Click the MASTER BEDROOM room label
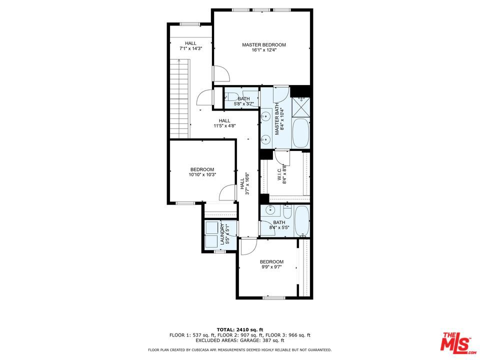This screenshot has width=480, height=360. (x=264, y=44)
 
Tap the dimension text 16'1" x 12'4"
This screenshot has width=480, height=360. (x=264, y=50)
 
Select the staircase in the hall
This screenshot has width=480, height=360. (x=180, y=99)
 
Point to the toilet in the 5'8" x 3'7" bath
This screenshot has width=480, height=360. (x=231, y=97)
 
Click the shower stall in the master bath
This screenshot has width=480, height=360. (x=300, y=107)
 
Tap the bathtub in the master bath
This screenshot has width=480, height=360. (x=300, y=133)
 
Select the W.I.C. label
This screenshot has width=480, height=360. (x=279, y=173)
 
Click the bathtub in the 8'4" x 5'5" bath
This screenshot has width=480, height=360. (x=302, y=221)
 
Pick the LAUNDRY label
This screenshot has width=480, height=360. (x=222, y=234)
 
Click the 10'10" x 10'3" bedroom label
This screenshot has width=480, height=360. (x=202, y=172)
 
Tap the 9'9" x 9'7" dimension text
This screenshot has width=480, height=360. (x=271, y=267)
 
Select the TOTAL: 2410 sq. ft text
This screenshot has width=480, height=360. (x=240, y=329)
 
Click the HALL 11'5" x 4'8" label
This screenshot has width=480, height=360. (x=224, y=123)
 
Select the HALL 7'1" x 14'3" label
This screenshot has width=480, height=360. (x=190, y=46)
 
